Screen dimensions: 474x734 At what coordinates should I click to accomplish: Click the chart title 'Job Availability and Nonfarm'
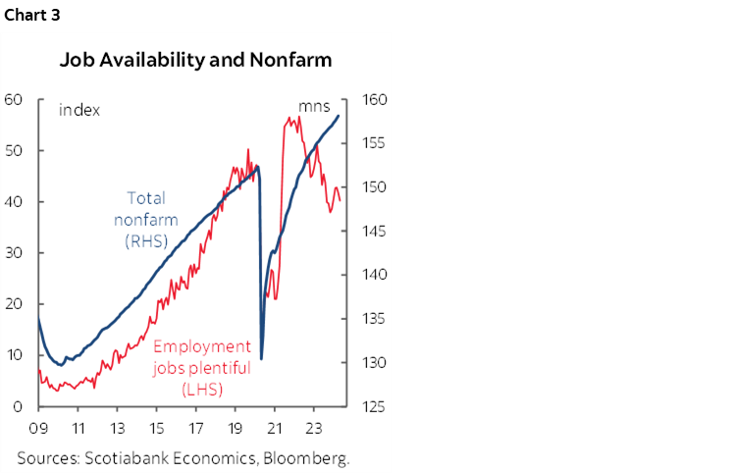(195, 60)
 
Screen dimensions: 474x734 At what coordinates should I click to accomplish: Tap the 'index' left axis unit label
(79, 109)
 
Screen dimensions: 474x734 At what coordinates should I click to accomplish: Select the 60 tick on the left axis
(14, 99)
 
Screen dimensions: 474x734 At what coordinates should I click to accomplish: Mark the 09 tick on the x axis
(38, 428)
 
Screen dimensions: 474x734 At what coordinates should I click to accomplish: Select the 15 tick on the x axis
(156, 428)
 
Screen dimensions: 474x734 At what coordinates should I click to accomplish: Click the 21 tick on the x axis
(275, 428)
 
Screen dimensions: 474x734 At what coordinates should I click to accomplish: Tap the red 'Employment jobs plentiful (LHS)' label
(201, 368)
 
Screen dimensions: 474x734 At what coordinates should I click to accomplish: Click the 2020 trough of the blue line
(262, 358)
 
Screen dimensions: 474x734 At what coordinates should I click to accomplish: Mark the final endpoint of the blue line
(340, 116)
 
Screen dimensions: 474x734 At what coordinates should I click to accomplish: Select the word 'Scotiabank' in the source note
(128, 457)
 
